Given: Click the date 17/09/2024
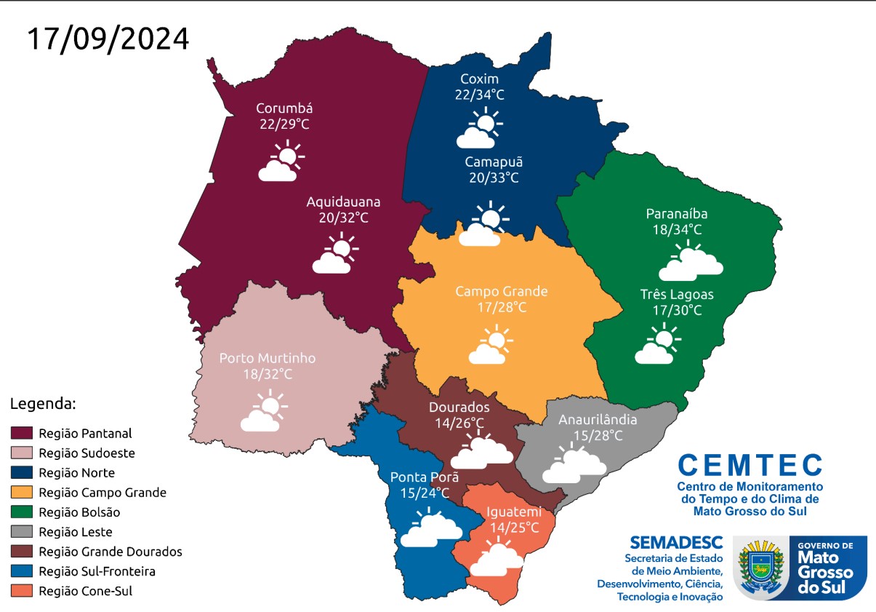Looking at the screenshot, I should point(108,39).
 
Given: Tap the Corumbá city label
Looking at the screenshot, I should point(284,108).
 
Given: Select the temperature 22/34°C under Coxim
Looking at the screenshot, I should point(479,95).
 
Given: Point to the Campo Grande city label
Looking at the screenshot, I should point(502,291).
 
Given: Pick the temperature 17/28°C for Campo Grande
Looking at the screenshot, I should point(502,307).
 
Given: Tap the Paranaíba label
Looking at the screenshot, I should point(677,214).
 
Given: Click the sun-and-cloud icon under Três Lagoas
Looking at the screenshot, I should point(657,345).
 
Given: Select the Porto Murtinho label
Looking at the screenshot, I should point(268,358).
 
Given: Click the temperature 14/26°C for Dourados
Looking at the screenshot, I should point(459,423).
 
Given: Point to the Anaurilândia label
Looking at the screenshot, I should point(598,420).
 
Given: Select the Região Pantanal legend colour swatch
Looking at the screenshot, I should point(23,433).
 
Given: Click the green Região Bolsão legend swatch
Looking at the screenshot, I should point(23,512).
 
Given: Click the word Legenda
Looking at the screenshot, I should point(43,402).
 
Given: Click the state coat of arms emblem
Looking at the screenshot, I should point(760,568).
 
